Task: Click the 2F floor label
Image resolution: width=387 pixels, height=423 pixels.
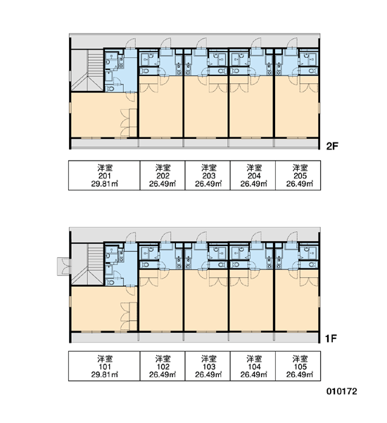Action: pos(332,146)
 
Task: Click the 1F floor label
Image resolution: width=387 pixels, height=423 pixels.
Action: pos(331,338)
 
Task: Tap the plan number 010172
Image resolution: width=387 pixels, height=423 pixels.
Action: pos(342,391)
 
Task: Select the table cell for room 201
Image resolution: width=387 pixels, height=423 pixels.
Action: pos(104,176)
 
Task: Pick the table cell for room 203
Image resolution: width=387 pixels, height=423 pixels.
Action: pos(208,176)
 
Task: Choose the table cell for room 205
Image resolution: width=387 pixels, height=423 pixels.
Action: pos(298,176)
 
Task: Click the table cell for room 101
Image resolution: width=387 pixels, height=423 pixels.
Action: pos(104,366)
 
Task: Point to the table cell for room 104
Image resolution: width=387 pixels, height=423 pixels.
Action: pos(253,366)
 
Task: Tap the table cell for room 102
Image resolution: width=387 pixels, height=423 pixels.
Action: pos(163,366)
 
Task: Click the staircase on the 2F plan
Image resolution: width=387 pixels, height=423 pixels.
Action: pos(87,70)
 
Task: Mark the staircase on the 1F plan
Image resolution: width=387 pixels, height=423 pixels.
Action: pos(87,264)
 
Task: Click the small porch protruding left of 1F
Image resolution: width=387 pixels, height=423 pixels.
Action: pos(64,266)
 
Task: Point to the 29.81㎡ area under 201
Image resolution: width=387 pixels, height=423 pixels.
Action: pos(104,184)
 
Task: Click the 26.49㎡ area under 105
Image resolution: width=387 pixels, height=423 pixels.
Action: pos(300,375)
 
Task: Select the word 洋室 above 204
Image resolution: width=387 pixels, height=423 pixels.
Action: pos(254,168)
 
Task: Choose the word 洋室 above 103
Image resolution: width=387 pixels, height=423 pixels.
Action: pos(209,359)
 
